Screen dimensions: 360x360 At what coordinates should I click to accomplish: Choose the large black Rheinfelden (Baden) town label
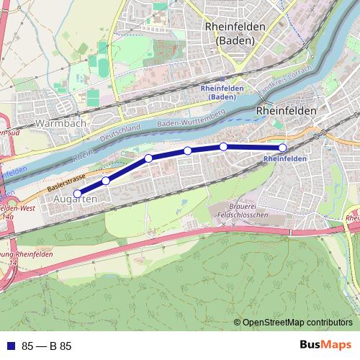pyautogui.click(x=235, y=33)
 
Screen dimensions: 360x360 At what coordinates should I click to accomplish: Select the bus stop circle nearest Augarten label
pyautogui.click(x=77, y=193)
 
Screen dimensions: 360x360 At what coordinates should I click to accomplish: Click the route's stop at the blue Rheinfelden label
pyautogui.click(x=282, y=148)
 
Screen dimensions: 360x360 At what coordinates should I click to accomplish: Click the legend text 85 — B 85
pyautogui.click(x=47, y=346)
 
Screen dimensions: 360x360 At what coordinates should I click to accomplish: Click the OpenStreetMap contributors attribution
pyautogui.click(x=297, y=323)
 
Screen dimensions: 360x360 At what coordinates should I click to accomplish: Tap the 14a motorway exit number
pyautogui.click(x=9, y=215)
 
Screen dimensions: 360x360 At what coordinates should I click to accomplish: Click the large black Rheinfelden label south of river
pyautogui.click(x=286, y=111)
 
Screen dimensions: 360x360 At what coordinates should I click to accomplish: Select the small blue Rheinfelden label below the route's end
pyautogui.click(x=285, y=158)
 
